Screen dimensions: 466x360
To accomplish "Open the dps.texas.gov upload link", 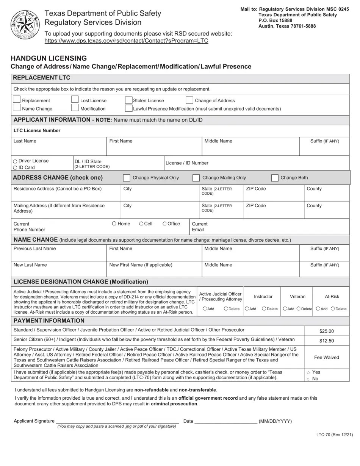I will [126, 41].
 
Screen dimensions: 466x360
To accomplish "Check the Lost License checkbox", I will [75, 100].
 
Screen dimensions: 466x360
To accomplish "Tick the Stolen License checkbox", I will [128, 100].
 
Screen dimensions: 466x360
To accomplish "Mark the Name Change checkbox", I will [16, 108].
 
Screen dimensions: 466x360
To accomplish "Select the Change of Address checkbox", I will [189, 100].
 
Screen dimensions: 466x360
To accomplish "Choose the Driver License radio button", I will [15, 161].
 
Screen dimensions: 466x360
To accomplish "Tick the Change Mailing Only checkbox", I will [196, 178].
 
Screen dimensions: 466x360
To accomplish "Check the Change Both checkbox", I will [275, 178].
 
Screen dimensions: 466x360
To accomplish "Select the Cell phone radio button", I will [141, 224].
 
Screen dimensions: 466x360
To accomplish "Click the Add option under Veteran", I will [285, 309].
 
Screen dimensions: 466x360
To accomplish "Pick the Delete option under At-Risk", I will [333, 309].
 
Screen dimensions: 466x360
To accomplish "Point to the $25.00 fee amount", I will [326, 331].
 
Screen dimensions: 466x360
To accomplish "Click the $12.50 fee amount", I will [326, 341].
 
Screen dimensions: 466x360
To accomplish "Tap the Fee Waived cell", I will [326, 357].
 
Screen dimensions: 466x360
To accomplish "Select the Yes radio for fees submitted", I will [308, 373].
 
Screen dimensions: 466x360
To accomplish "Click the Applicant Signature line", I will [117, 421].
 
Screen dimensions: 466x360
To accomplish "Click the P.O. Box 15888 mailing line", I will [275, 20].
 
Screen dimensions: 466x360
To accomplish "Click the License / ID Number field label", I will [187, 163].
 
